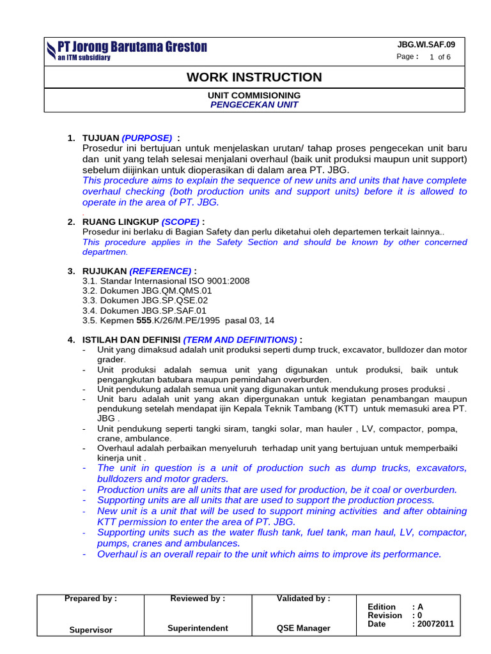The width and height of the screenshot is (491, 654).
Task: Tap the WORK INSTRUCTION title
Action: [x=254, y=77]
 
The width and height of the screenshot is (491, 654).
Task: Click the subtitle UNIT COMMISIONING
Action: [x=254, y=95]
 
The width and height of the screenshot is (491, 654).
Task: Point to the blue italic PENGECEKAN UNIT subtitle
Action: [x=254, y=104]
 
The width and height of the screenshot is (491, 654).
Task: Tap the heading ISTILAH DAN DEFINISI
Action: [x=132, y=339]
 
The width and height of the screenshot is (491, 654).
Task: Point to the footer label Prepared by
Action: [x=91, y=599]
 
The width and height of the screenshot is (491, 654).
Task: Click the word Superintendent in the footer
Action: [x=198, y=628]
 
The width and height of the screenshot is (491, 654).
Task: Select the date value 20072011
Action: [x=436, y=624]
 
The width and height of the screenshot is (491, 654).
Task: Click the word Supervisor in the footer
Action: [x=91, y=630]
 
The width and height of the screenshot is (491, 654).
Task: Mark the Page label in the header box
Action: [x=407, y=57]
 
